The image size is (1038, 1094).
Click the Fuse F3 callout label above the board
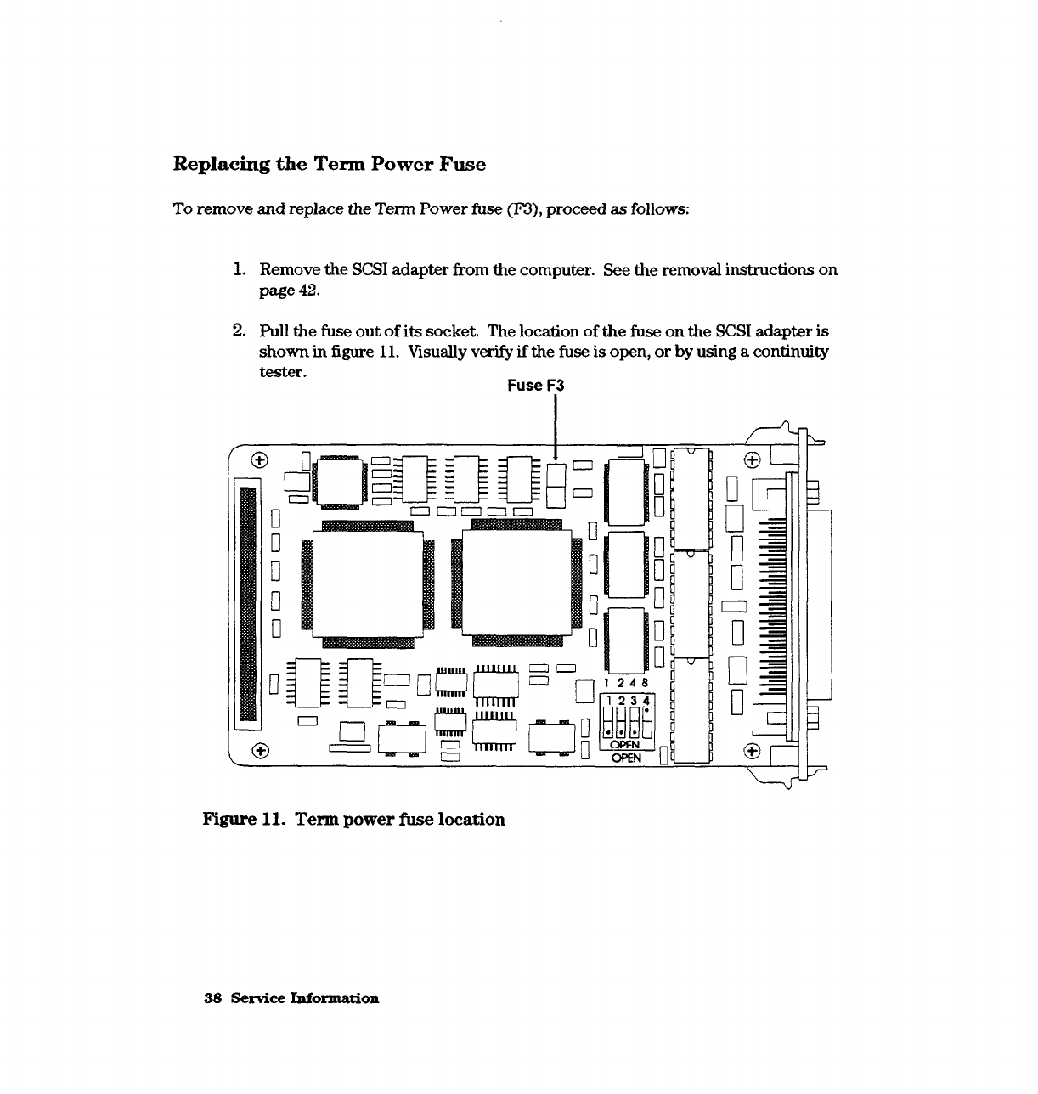[535, 386]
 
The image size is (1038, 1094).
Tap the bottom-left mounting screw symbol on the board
[261, 750]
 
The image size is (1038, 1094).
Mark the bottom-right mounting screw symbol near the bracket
[751, 751]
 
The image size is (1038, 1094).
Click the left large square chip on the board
[369, 583]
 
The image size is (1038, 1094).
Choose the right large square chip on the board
[517, 583]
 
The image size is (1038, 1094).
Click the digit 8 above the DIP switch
[645, 683]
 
